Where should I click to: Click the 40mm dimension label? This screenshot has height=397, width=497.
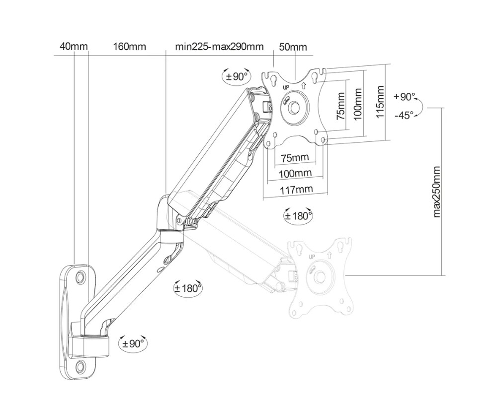coord(73,47)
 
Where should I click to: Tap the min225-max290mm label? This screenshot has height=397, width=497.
coord(219,47)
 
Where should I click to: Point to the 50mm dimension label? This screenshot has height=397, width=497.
coord(293,47)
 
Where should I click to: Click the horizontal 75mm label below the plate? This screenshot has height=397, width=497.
coord(295,158)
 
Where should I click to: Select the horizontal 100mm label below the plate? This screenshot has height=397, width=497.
coord(295,173)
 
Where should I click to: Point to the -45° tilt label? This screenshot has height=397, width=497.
coord(404,115)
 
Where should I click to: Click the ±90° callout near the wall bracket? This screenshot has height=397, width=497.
coord(133,343)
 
